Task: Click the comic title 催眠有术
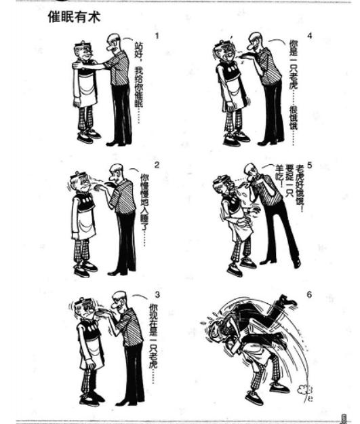pos(74,17)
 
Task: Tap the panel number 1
pos(157,36)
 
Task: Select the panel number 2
pos(157,165)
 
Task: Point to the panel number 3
pos(157,294)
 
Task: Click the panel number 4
pos(310,36)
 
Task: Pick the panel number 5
pos(309,165)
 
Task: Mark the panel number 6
pos(309,294)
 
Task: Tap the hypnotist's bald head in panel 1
pos(113,39)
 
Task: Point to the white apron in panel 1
pos(88,91)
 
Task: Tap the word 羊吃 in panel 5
pos(279,176)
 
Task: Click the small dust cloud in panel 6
pos(301,389)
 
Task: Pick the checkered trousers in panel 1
pos(85,119)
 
